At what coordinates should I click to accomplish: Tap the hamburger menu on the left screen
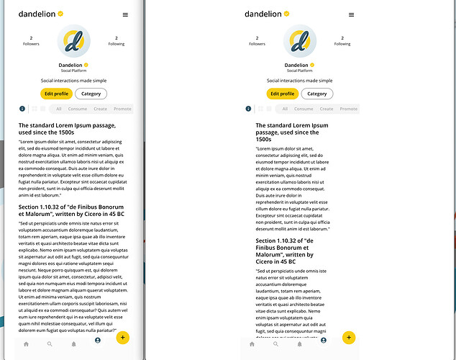coord(125,14)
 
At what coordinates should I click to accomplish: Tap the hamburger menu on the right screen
coord(351,14)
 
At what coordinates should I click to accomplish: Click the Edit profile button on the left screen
coord(56,94)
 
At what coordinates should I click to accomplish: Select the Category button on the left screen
coord(91,94)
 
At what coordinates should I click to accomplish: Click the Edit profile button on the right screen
coord(282,94)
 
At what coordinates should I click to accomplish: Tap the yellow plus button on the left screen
coord(123,337)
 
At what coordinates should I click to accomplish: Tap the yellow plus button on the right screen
coord(349,337)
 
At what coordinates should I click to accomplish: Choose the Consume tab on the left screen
coord(78,109)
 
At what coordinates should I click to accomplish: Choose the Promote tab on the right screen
coord(348,109)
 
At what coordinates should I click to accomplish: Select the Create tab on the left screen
coord(100,109)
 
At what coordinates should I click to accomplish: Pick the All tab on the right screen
coord(285,109)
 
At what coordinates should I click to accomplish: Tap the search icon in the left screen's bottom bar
coord(50,344)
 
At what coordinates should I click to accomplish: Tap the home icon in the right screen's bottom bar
coord(252,344)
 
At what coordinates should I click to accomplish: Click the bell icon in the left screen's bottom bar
coord(73,344)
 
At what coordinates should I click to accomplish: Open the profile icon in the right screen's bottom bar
coord(324,340)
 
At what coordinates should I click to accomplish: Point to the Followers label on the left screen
coord(31,44)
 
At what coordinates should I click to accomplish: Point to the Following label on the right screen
coord(342,44)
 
